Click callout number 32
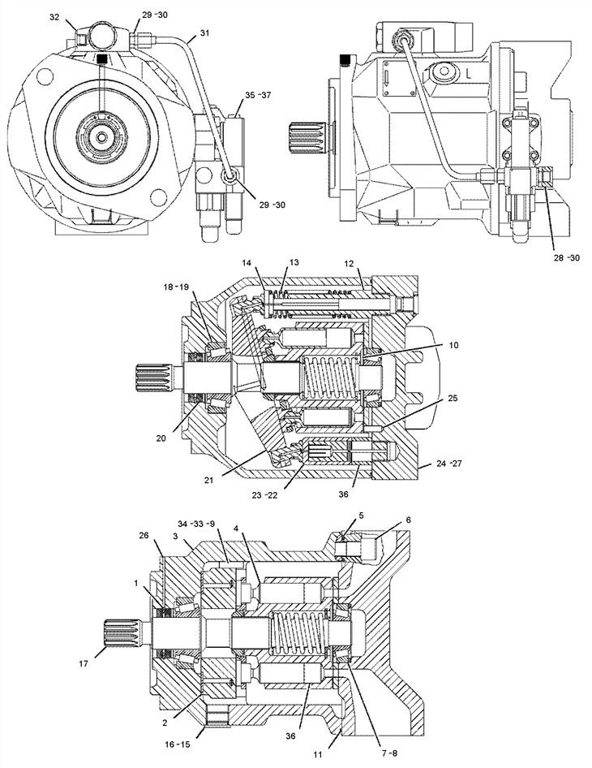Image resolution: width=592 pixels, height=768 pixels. tap(54, 17)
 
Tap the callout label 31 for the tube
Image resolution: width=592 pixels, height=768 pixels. tap(204, 32)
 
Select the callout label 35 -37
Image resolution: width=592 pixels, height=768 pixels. tap(258, 95)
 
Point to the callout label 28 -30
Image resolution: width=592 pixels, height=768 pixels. tap(567, 257)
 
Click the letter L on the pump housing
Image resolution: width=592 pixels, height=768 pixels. tap(469, 75)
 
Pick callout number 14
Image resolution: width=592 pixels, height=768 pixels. tap(247, 263)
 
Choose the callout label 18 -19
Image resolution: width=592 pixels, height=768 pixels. tap(176, 287)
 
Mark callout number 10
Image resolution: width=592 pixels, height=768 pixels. tap(453, 345)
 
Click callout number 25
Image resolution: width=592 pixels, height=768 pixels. tap(453, 398)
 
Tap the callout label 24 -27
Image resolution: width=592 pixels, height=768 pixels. tap(448, 463)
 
